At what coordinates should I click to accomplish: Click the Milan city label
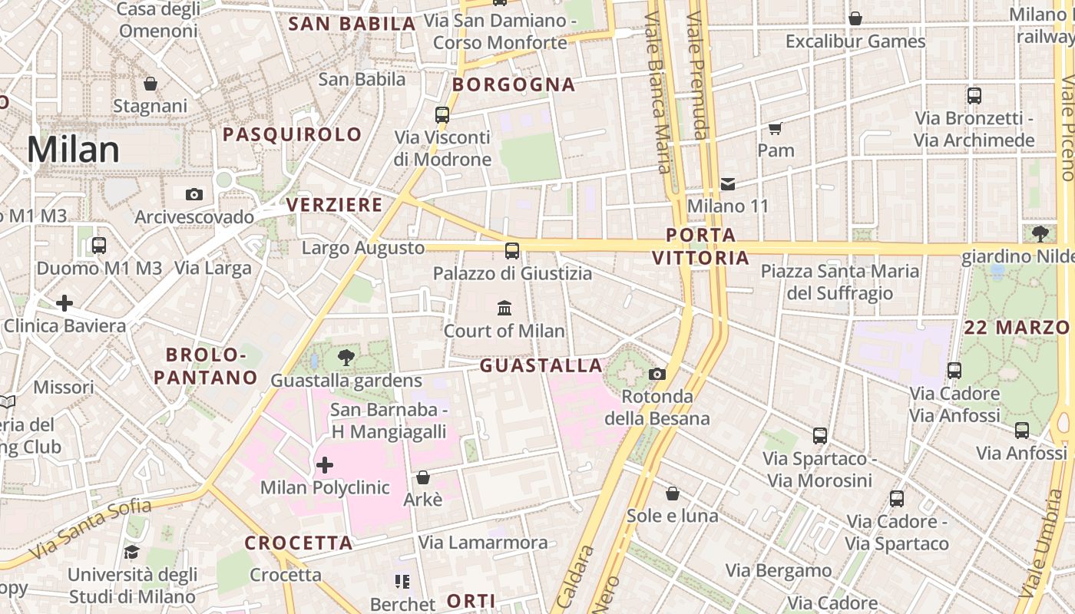tap(73, 150)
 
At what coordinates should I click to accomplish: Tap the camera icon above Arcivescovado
tap(194, 195)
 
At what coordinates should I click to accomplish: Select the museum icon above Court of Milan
tap(504, 309)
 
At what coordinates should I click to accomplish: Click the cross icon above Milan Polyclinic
tap(325, 464)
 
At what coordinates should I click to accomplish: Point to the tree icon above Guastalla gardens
tap(346, 357)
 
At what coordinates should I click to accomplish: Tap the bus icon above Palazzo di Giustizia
tap(512, 251)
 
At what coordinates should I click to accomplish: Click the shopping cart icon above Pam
tap(775, 128)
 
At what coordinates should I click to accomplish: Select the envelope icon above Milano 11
tap(727, 184)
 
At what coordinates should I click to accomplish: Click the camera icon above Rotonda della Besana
tap(657, 375)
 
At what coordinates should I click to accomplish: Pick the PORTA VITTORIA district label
tap(700, 246)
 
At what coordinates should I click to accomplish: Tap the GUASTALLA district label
tap(541, 366)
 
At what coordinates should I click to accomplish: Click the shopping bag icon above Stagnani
tap(150, 84)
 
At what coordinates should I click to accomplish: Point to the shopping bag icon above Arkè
tap(422, 477)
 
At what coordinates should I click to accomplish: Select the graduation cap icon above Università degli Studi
tap(132, 552)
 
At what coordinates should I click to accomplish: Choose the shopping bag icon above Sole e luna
tap(673, 494)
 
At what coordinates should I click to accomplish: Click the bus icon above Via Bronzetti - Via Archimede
tap(974, 97)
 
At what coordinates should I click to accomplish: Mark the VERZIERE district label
tap(334, 205)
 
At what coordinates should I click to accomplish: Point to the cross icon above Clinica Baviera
tap(64, 303)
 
